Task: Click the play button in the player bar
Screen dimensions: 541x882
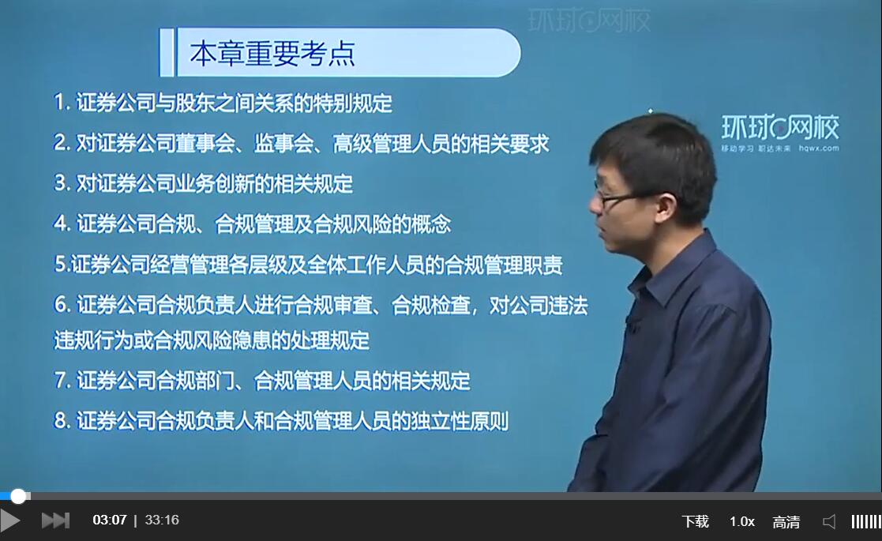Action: click(x=10, y=520)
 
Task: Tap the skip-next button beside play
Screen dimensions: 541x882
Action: click(x=55, y=520)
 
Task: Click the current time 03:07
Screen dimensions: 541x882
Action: click(x=110, y=520)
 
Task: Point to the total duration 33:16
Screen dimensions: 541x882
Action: click(x=162, y=520)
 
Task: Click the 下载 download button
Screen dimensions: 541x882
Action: click(x=695, y=521)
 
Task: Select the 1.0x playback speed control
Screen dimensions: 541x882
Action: click(x=741, y=521)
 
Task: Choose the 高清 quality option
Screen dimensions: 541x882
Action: click(x=786, y=521)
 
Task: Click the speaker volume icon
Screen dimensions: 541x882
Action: click(x=829, y=521)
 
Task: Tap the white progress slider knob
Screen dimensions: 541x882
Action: click(x=18, y=496)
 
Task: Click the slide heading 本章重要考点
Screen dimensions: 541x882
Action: click(x=272, y=53)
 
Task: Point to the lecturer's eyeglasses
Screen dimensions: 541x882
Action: click(x=616, y=197)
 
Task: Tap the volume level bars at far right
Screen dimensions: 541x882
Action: click(x=865, y=521)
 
